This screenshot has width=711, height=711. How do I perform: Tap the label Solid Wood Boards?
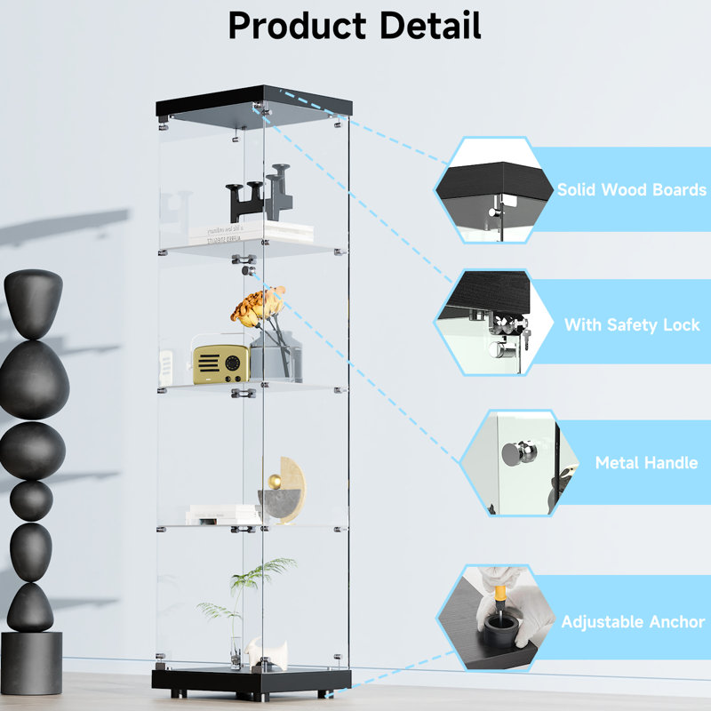[631, 189]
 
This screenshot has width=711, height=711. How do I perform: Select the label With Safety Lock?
[632, 325]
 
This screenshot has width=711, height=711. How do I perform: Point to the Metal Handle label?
[646, 462]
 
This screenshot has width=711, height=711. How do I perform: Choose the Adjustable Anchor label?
[632, 622]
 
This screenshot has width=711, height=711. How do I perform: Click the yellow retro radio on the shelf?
[220, 363]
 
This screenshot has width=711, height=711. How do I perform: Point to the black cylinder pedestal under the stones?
[31, 662]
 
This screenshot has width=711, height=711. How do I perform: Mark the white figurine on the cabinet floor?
[262, 652]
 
